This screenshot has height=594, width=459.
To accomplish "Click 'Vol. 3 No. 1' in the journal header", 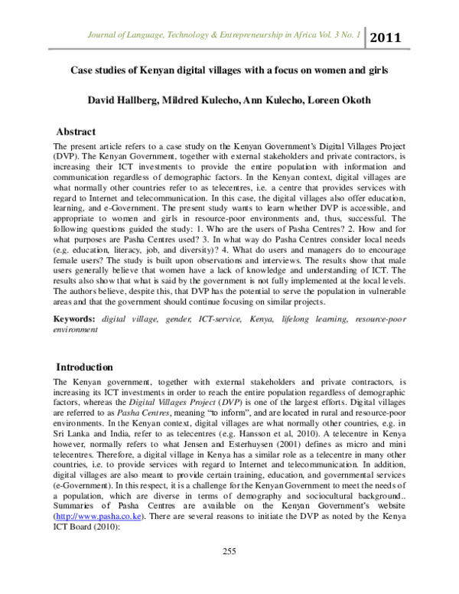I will [x=337, y=36].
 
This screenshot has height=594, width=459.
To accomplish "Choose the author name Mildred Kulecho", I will [x=207, y=100].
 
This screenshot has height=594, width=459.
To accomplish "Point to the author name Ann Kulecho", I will [x=285, y=100].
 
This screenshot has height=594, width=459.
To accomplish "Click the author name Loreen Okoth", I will [x=353, y=100].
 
